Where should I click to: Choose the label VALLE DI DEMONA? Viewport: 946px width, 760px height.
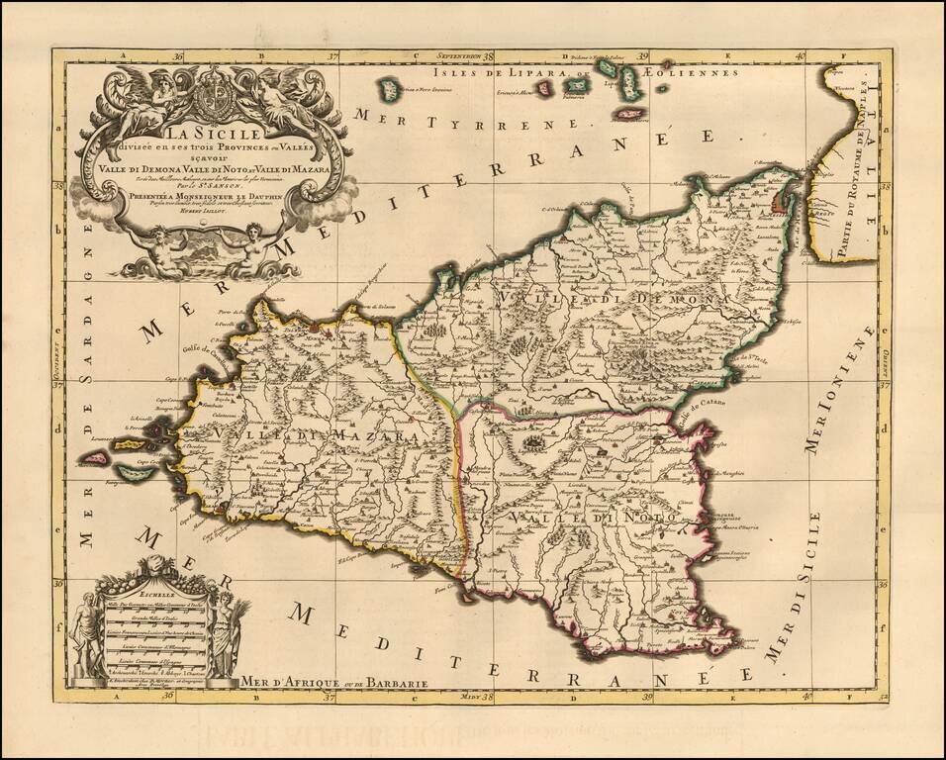click(629, 298)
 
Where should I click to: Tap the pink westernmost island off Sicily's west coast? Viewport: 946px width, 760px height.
click(95, 457)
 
